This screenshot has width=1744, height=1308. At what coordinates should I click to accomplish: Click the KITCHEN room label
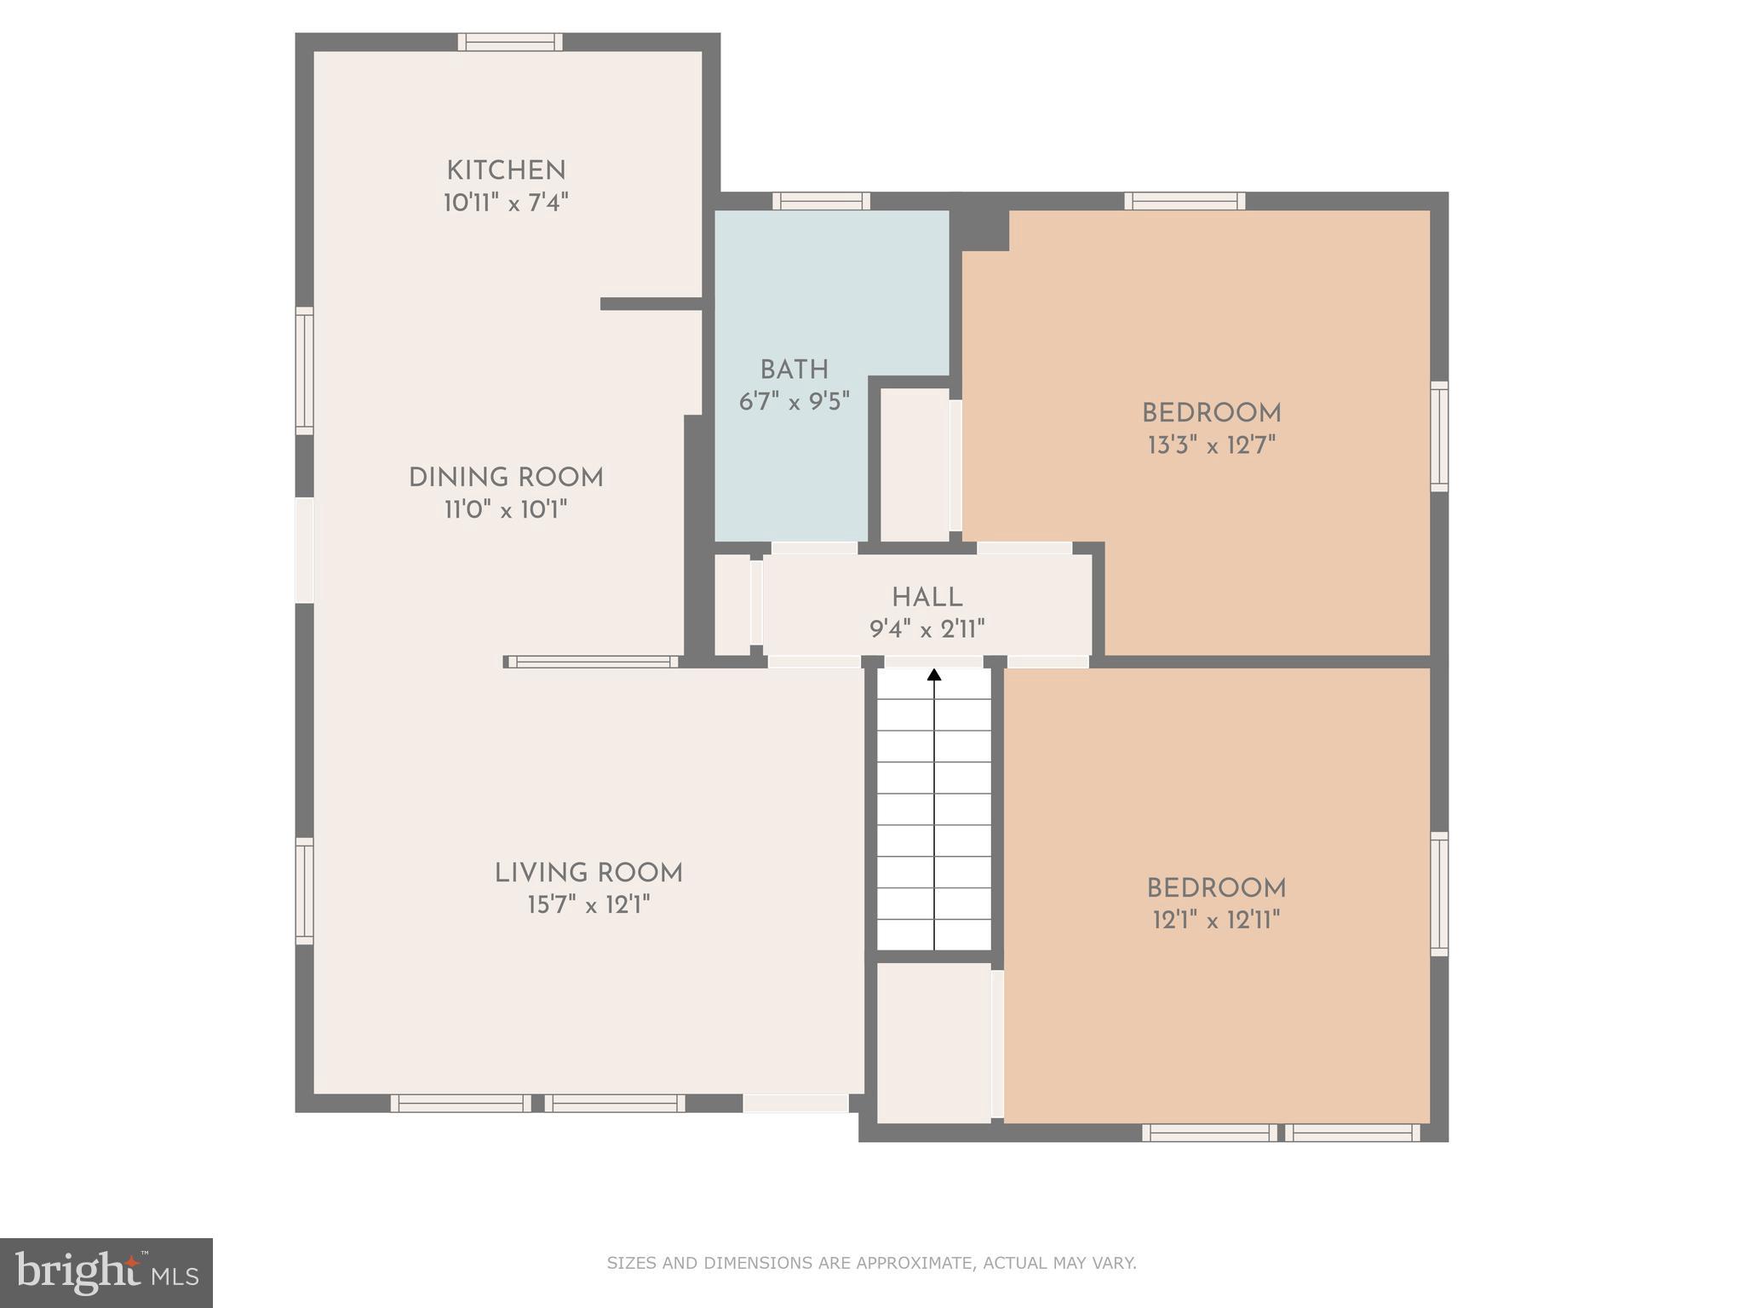pyautogui.click(x=506, y=171)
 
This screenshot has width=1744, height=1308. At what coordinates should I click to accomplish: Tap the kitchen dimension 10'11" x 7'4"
pyautogui.click(x=506, y=204)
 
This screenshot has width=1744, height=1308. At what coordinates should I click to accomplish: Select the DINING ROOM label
pyautogui.click(x=506, y=479)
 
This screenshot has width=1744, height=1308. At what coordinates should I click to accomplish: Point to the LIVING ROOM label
pyautogui.click(x=588, y=874)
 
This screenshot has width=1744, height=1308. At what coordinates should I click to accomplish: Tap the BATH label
pyautogui.click(x=794, y=370)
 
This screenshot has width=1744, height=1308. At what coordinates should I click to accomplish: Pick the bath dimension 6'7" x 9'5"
pyautogui.click(x=794, y=402)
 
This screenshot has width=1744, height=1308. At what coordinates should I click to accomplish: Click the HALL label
pyautogui.click(x=926, y=598)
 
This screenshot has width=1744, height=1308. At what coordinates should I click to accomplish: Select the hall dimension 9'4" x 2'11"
pyautogui.click(x=926, y=630)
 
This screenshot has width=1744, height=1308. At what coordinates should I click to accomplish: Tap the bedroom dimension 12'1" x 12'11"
pyautogui.click(x=1216, y=921)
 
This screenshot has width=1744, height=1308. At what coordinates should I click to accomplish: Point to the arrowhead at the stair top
pyautogui.click(x=934, y=675)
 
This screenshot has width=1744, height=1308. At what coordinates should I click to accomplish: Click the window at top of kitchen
pyautogui.click(x=510, y=42)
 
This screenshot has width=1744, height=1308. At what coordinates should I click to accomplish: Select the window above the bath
pyautogui.click(x=821, y=201)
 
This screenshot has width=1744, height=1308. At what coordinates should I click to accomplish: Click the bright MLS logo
pyautogui.click(x=106, y=1272)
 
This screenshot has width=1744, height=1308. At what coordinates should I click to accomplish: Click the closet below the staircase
pyautogui.click(x=933, y=1042)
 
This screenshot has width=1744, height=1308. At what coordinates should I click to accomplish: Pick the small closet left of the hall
pyautogui.click(x=731, y=605)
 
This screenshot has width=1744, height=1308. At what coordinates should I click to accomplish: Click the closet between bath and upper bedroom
pyautogui.click(x=914, y=464)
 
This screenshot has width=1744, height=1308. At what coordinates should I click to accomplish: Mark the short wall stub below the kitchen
pyautogui.click(x=651, y=304)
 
